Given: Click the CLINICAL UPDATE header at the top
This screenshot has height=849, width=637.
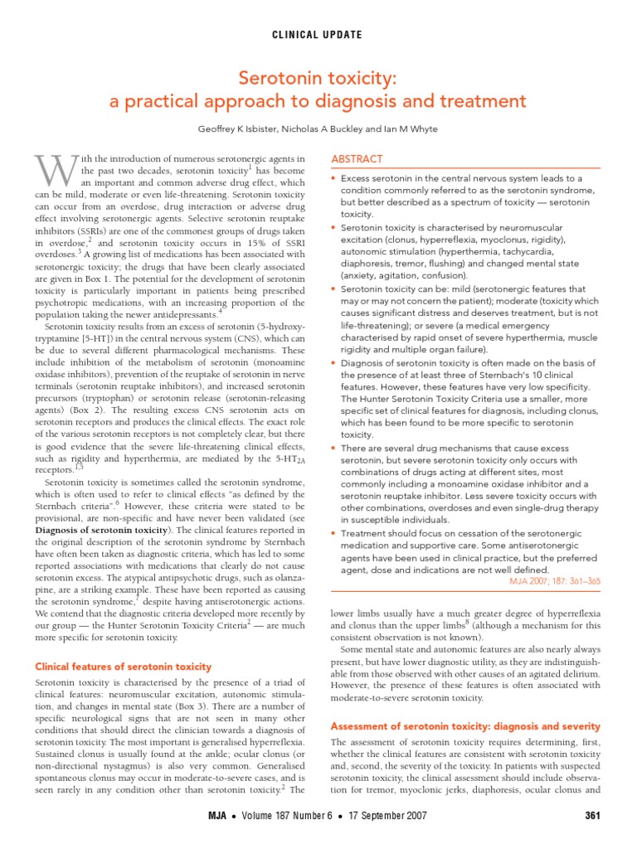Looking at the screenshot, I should click(x=318, y=35).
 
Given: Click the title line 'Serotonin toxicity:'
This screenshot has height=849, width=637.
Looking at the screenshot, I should click(x=318, y=78).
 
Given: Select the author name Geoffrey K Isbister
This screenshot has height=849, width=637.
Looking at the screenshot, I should click(x=240, y=129).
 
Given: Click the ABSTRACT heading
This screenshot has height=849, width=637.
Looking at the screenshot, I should click(x=357, y=158).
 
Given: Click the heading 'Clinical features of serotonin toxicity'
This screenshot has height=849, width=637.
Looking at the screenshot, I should click(x=123, y=667).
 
